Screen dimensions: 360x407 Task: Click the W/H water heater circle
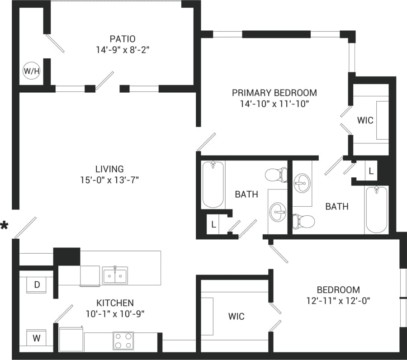click(x=31, y=71)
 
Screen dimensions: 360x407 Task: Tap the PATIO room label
click(x=122, y=39)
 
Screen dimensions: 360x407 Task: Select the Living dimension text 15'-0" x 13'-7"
click(x=109, y=180)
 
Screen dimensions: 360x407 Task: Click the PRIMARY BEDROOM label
click(x=274, y=93)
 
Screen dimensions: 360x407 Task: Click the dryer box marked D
click(x=37, y=285)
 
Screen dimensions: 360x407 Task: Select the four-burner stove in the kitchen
click(x=123, y=341)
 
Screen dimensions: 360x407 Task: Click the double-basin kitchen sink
click(x=115, y=275)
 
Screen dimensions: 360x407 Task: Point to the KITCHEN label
click(x=115, y=303)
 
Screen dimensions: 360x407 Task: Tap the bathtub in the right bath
click(x=376, y=208)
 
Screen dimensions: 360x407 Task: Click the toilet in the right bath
click(x=304, y=221)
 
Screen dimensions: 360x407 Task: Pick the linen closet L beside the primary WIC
click(x=371, y=171)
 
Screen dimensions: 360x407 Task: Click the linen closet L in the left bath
click(x=213, y=224)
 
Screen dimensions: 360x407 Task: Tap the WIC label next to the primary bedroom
click(x=365, y=120)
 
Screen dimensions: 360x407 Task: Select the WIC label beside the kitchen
click(x=236, y=316)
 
